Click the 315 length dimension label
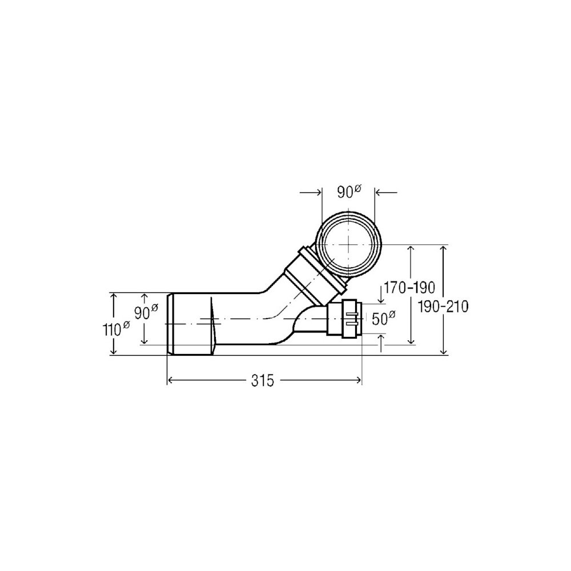click(262, 381)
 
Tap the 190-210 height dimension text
click(443, 307)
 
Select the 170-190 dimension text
click(409, 288)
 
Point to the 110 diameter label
click(116, 329)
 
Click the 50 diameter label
click(384, 319)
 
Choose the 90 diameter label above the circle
click(349, 191)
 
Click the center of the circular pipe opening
click(348, 244)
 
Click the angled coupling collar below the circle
click(315, 271)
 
